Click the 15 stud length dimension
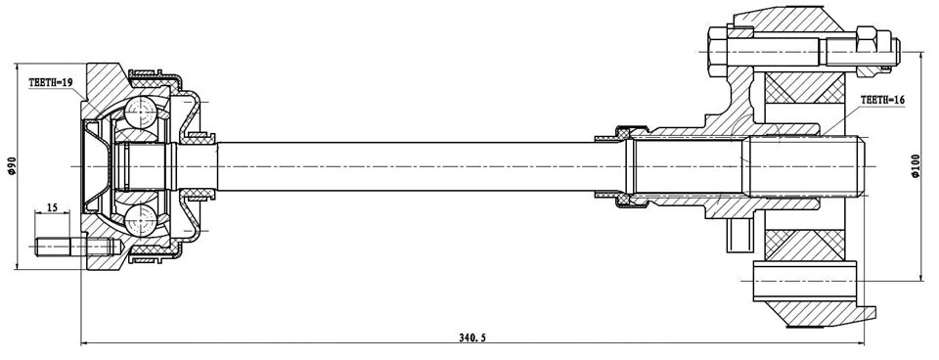51,208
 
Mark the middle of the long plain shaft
411,167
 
